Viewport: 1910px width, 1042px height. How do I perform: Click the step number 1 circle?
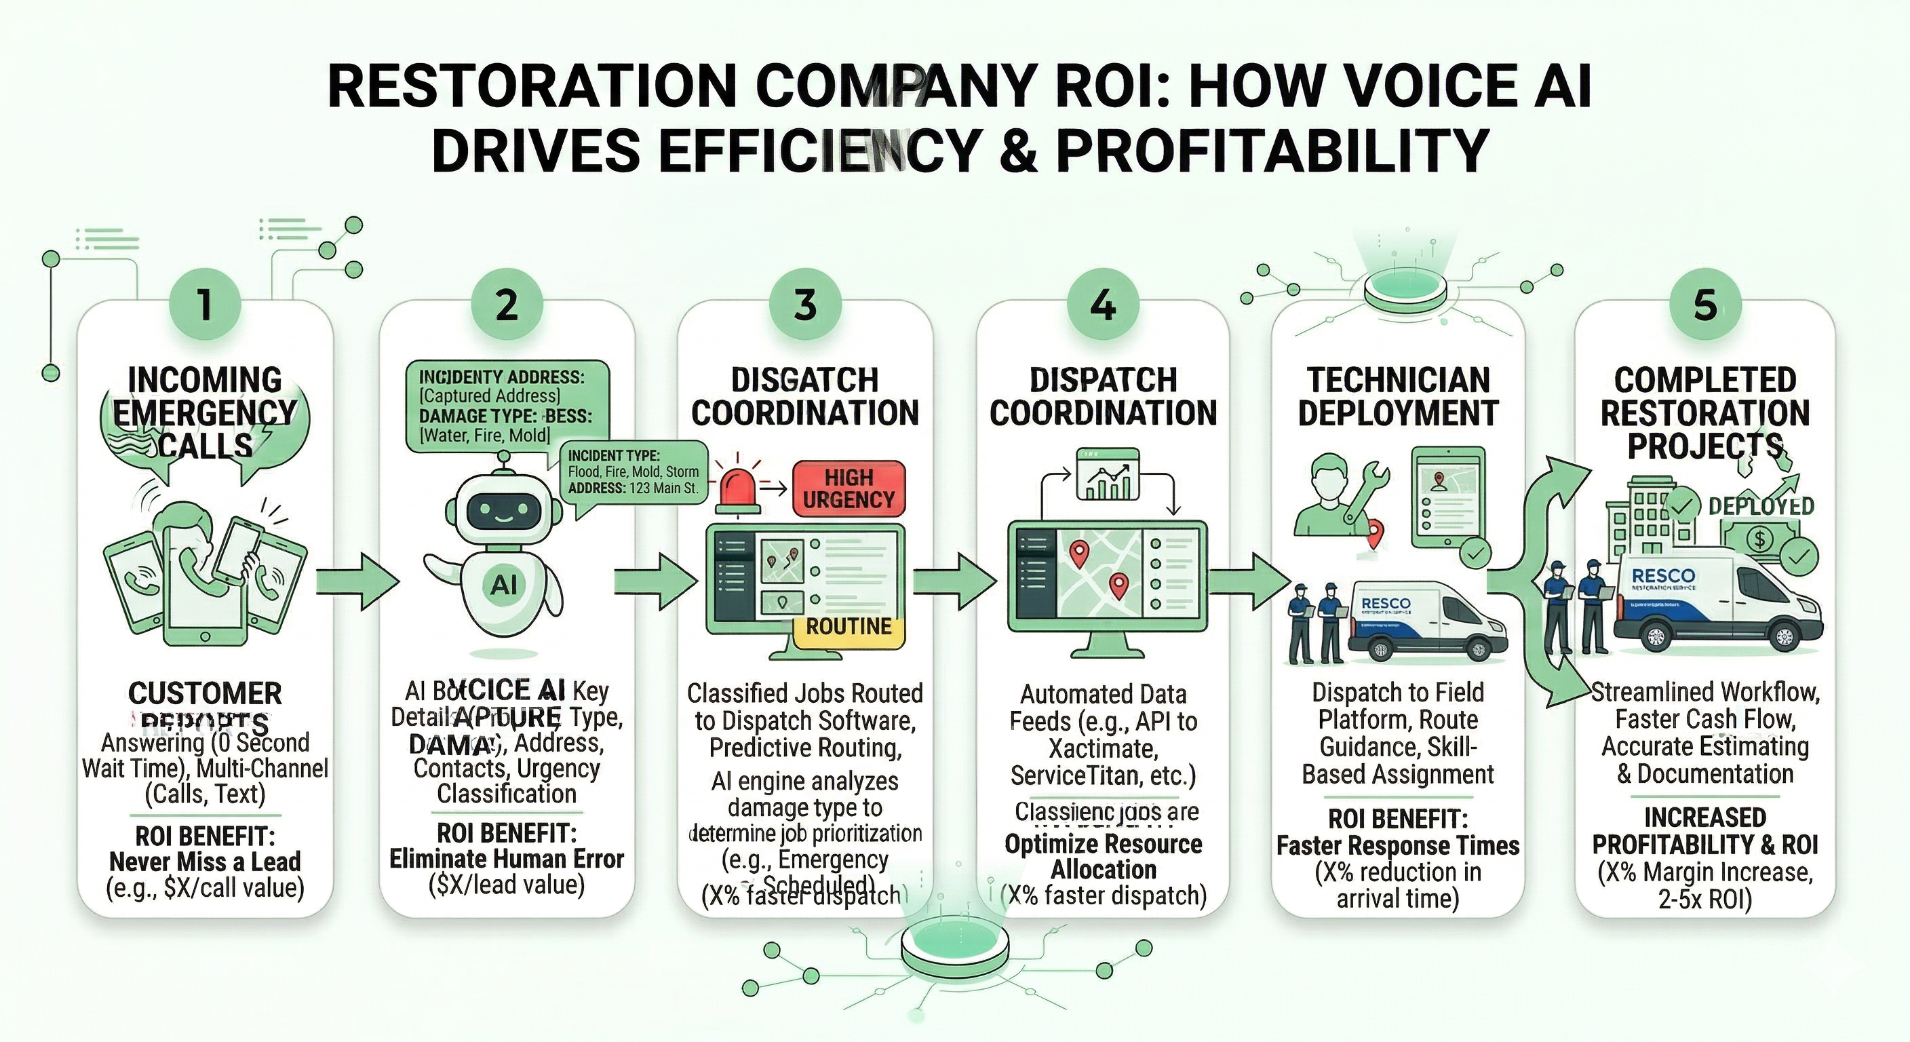tap(206, 305)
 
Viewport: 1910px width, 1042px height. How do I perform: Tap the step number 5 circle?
tap(1704, 305)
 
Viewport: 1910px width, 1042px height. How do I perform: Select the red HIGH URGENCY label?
tap(849, 488)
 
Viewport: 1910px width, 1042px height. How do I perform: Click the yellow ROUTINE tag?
tap(849, 628)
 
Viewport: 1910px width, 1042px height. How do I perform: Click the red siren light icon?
tap(737, 490)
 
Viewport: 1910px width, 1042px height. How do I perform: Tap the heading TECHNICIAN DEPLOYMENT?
tap(1398, 397)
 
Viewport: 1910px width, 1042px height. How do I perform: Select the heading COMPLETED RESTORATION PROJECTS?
tap(1704, 412)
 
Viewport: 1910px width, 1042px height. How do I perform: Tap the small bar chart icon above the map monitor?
tap(1107, 475)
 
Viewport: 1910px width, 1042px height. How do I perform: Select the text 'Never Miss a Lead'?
tap(206, 862)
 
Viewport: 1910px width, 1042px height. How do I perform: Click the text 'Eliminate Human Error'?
tap(507, 860)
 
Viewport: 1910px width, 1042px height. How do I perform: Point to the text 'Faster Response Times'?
tap(1398, 845)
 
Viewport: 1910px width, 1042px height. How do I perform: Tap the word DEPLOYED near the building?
tap(1761, 507)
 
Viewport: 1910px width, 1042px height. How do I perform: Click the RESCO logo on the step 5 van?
tap(1663, 576)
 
